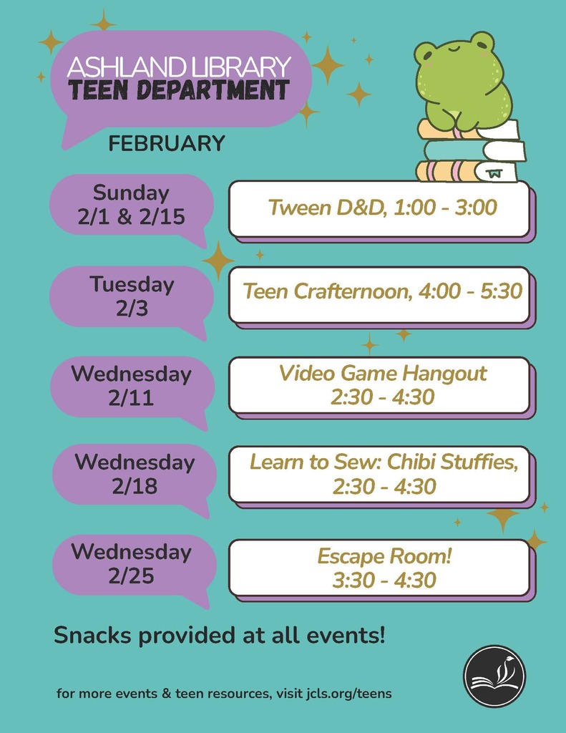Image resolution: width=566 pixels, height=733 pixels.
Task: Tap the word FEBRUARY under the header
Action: tap(167, 144)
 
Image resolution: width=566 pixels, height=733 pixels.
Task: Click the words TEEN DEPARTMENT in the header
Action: tap(179, 91)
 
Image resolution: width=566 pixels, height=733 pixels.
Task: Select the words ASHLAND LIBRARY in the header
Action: tap(179, 67)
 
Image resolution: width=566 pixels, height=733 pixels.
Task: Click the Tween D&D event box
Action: tap(381, 208)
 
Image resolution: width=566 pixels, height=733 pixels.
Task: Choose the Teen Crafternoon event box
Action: tap(381, 293)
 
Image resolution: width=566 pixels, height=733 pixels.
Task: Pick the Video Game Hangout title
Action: tap(382, 373)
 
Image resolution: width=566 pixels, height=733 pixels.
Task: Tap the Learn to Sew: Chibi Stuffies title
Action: tap(383, 462)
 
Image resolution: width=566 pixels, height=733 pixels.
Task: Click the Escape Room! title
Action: tap(384, 555)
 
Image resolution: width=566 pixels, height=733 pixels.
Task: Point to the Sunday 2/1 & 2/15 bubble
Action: tap(131, 205)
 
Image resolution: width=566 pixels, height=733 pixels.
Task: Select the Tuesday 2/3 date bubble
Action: tap(132, 296)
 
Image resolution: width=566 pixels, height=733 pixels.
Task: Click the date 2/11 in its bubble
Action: tap(131, 398)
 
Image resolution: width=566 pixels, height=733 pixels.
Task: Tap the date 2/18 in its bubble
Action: tap(134, 486)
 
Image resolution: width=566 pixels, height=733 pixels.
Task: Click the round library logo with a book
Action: tap(494, 676)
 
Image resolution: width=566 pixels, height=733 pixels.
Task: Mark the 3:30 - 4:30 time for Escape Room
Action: tap(384, 580)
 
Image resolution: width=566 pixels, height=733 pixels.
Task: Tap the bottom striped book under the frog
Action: tap(465, 172)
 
